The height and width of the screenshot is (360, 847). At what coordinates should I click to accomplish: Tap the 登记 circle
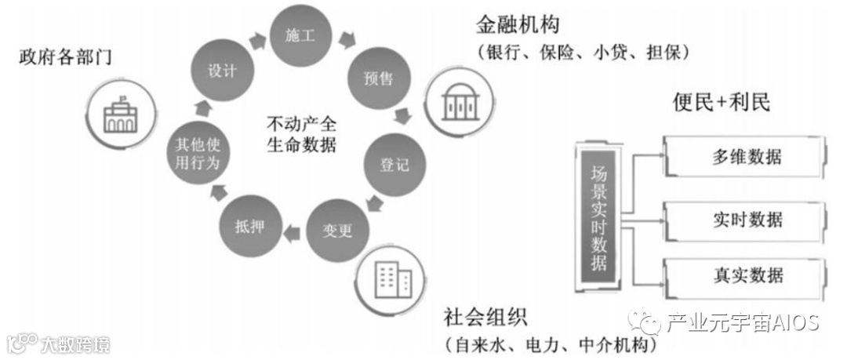click(389, 166)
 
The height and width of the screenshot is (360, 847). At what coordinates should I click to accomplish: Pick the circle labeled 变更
click(338, 231)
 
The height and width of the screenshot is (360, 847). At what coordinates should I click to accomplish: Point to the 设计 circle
click(222, 71)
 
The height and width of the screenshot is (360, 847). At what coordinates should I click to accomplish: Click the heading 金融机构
click(517, 25)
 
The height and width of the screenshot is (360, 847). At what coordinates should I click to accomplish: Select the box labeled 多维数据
click(746, 157)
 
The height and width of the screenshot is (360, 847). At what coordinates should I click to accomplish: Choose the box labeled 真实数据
click(746, 276)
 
